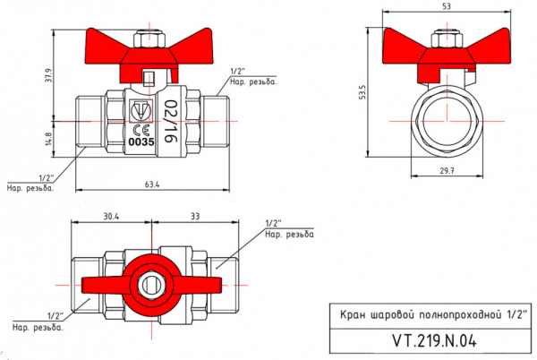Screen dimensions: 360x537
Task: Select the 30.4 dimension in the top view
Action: tap(111, 216)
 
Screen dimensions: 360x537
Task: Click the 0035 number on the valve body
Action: tap(142, 141)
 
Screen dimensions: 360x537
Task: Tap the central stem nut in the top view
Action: tap(152, 287)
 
